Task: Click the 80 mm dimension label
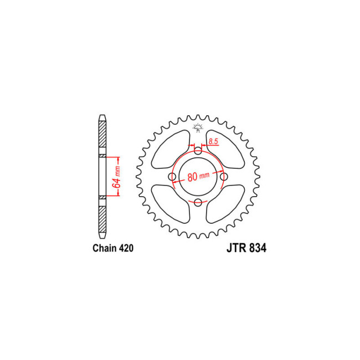(198, 177)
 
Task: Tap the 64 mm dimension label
(117, 176)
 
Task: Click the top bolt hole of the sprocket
(198, 151)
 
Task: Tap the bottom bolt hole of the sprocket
(198, 202)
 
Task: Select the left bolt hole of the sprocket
(172, 177)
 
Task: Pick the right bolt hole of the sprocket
(224, 177)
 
